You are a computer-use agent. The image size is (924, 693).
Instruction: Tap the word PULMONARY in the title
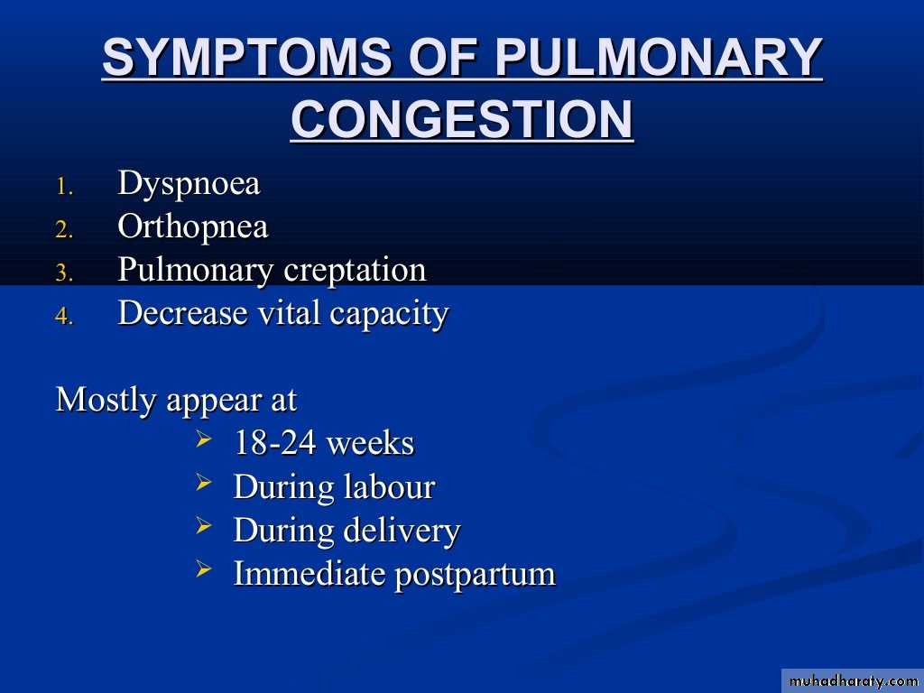click(x=658, y=57)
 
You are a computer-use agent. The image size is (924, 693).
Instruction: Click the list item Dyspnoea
click(x=189, y=184)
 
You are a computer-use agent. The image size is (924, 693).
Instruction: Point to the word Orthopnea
click(x=193, y=227)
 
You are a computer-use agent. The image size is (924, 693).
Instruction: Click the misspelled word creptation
click(x=355, y=270)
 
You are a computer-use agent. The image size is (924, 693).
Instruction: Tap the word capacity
click(x=389, y=314)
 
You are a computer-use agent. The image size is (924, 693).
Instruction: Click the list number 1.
click(x=64, y=188)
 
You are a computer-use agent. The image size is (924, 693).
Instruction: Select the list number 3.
click(x=64, y=273)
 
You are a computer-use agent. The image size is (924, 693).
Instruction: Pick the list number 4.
click(x=64, y=317)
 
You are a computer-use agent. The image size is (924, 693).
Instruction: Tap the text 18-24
click(x=275, y=443)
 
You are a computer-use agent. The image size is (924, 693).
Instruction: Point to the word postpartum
click(x=475, y=575)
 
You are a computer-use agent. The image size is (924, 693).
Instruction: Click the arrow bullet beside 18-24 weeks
click(x=203, y=439)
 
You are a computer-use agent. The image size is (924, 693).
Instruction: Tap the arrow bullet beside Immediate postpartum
click(x=203, y=569)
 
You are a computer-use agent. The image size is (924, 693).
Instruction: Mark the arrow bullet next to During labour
click(x=203, y=482)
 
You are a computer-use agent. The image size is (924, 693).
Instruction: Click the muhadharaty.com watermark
click(x=853, y=681)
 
